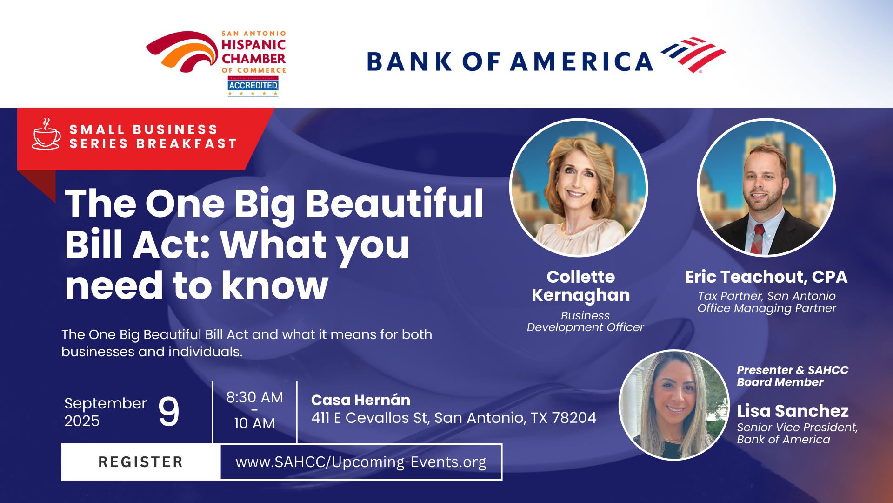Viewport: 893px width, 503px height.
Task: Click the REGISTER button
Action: [140, 462]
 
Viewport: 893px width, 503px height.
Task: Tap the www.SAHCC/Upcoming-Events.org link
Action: [361, 462]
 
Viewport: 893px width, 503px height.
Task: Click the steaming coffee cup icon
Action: [46, 135]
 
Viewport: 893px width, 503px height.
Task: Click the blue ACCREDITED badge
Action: [253, 85]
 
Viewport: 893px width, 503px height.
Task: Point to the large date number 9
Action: [169, 411]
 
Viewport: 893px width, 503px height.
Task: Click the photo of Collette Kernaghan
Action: [579, 188]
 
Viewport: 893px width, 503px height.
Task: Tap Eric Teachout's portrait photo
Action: [766, 188]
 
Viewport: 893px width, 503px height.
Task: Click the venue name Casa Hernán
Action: [360, 400]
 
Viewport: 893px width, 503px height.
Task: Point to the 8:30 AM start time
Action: [254, 397]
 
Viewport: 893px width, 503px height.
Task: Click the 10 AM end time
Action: [254, 423]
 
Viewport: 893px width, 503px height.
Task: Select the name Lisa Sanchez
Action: [793, 411]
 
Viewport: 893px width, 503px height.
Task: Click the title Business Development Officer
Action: [585, 321]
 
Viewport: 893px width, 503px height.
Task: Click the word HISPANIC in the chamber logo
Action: [253, 45]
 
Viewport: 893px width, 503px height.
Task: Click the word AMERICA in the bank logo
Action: [582, 61]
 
